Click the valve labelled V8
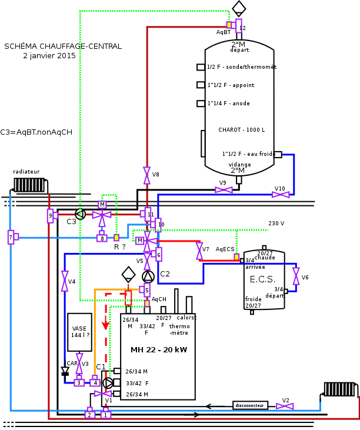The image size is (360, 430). (146, 175)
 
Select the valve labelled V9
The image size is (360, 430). (224, 189)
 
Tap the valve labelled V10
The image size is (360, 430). (281, 195)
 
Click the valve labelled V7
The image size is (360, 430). (199, 252)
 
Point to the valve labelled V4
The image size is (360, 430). (65, 281)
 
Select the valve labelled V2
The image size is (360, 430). (285, 406)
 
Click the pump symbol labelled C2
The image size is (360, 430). (148, 276)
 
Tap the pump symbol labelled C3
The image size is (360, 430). (81, 214)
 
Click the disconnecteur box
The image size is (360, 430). (250, 405)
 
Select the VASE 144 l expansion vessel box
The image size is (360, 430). (79, 332)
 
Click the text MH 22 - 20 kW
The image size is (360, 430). (158, 350)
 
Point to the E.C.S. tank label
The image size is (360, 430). (262, 279)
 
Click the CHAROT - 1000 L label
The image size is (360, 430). (241, 130)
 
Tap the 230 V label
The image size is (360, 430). (276, 224)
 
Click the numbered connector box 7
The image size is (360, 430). (11, 237)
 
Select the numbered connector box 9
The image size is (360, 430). (51, 216)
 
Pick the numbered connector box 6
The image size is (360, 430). (158, 254)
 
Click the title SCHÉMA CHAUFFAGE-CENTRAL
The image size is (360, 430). (63, 46)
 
